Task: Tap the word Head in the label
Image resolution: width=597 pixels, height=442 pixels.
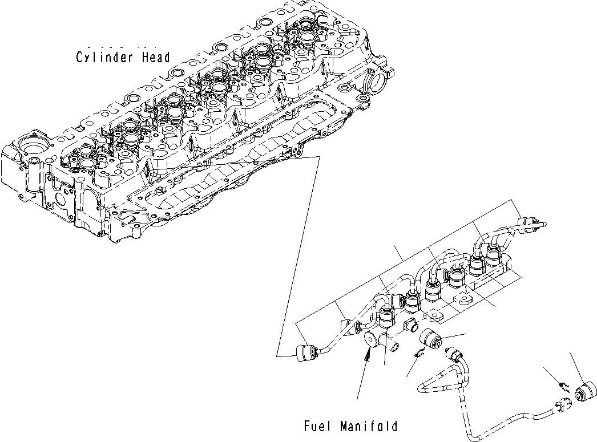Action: click(x=156, y=58)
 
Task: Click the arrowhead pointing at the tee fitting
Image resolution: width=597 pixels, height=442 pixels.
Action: click(x=367, y=356)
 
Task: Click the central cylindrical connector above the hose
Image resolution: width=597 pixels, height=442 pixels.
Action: click(x=431, y=340)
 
